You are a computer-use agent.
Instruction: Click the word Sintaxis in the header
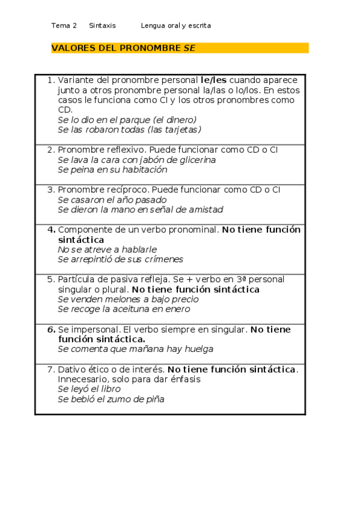click(102, 25)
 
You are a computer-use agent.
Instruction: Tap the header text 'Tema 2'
click(64, 25)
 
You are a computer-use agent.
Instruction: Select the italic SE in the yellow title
click(189, 48)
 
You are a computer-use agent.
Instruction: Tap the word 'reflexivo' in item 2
click(123, 150)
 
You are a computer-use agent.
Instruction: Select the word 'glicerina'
click(196, 160)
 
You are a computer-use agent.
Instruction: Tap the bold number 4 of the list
click(52, 230)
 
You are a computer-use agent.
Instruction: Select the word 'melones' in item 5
click(121, 300)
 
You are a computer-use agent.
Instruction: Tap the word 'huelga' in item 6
click(199, 349)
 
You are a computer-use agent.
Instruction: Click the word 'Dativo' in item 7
click(72, 369)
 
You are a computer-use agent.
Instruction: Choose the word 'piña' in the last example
click(154, 399)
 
